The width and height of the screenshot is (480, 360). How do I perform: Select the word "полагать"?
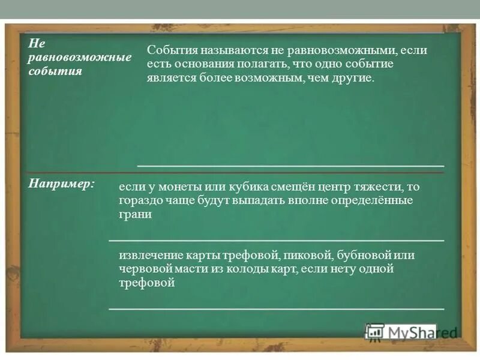[x=260, y=64]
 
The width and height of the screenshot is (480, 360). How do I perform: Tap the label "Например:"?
[x=61, y=182]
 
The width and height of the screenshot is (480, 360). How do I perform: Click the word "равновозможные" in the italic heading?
[x=80, y=58]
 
